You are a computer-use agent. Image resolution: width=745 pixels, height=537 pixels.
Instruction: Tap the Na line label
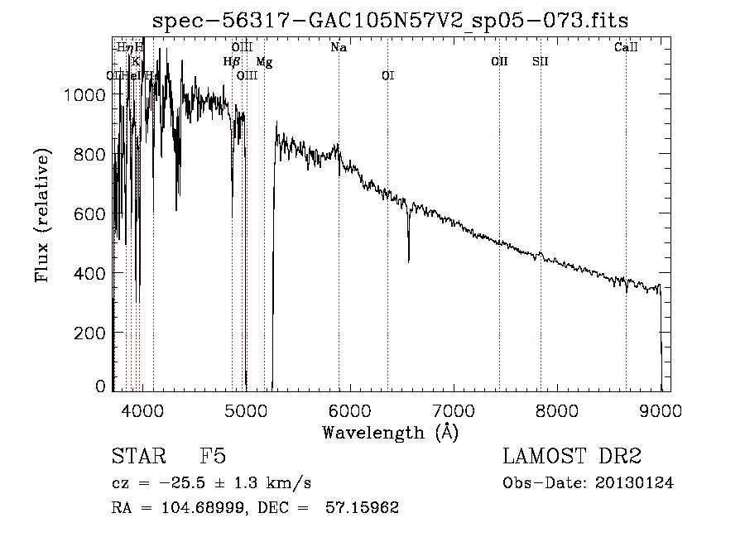click(x=339, y=48)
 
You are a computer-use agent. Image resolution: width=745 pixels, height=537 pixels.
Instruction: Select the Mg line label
click(x=263, y=62)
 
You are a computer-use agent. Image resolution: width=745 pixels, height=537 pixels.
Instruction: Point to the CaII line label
click(x=626, y=48)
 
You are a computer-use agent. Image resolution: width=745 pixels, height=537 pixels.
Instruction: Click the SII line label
click(x=540, y=62)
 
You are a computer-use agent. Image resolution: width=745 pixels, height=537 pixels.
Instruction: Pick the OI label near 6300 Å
click(x=387, y=76)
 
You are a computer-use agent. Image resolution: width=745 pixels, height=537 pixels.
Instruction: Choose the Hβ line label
click(x=231, y=62)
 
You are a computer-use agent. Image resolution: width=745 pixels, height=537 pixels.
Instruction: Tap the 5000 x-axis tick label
click(x=245, y=409)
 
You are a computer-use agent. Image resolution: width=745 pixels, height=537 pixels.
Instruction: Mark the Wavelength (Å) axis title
click(x=390, y=432)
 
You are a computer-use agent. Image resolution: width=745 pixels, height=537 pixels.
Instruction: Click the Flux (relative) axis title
click(x=42, y=215)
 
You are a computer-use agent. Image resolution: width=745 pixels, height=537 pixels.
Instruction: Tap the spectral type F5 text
click(x=213, y=458)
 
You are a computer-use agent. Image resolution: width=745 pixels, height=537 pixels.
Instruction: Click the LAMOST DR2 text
click(x=571, y=458)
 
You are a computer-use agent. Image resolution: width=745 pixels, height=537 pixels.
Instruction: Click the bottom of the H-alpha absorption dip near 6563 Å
click(x=408, y=261)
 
